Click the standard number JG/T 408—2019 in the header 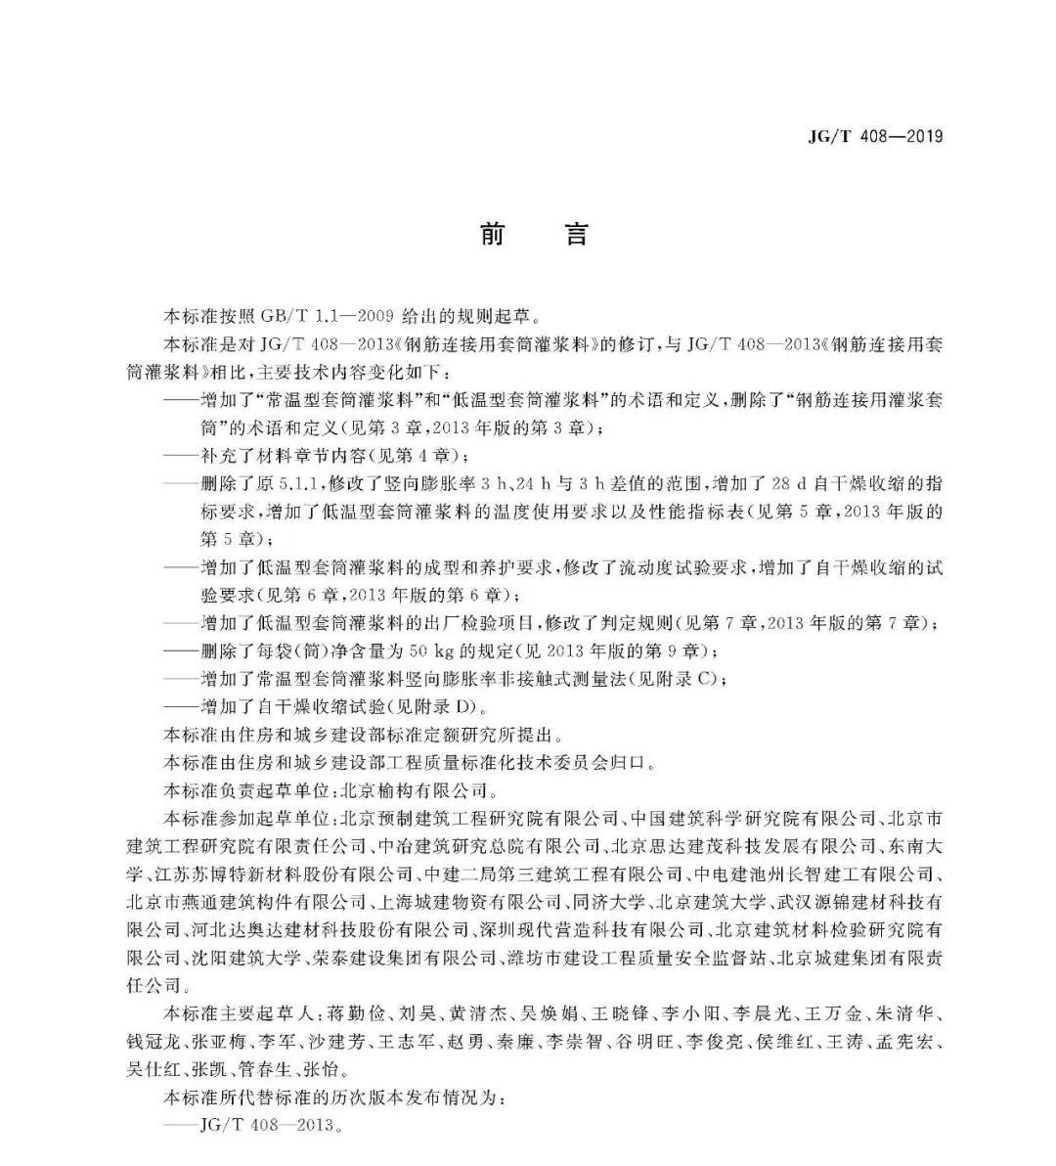[875, 137]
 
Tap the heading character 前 [491, 235]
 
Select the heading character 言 [577, 235]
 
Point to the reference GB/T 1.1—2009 [326, 316]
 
